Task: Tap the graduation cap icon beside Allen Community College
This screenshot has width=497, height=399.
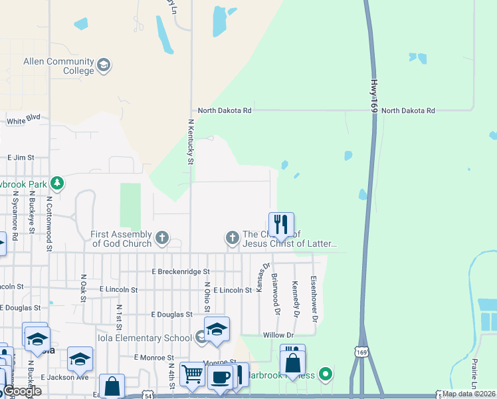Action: click(x=103, y=65)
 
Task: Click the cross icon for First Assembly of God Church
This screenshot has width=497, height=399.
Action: click(x=161, y=237)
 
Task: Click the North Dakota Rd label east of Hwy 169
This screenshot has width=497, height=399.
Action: click(x=408, y=110)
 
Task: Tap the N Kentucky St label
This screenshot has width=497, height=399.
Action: click(x=191, y=142)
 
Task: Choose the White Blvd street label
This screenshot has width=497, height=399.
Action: click(x=24, y=120)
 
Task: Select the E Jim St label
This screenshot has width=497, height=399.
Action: click(x=21, y=158)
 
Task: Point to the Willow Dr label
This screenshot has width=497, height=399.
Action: click(x=278, y=335)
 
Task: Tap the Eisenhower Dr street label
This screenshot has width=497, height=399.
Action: click(x=314, y=291)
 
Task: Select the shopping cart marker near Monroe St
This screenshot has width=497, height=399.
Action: click(x=192, y=374)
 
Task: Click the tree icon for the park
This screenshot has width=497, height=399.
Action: click(x=58, y=183)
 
